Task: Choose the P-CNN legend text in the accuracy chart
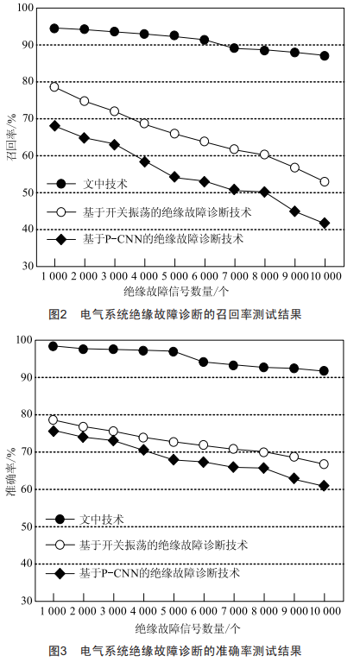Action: coord(160,573)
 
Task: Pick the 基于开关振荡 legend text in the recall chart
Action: coord(167,212)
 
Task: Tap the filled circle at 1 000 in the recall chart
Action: coord(54,28)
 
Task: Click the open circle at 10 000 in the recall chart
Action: coord(325,181)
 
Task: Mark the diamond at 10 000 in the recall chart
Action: coord(325,223)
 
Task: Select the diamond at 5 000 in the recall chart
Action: coord(174,177)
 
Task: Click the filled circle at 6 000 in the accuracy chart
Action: coord(204,362)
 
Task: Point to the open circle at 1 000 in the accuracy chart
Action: coord(54,419)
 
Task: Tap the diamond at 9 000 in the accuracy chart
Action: coord(294,478)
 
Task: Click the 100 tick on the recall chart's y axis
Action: coord(25,8)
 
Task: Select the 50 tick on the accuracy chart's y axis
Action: coord(28,526)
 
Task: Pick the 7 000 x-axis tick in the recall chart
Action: coord(234,276)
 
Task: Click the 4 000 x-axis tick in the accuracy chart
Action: coord(143,611)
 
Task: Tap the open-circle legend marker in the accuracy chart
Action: coord(60,545)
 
